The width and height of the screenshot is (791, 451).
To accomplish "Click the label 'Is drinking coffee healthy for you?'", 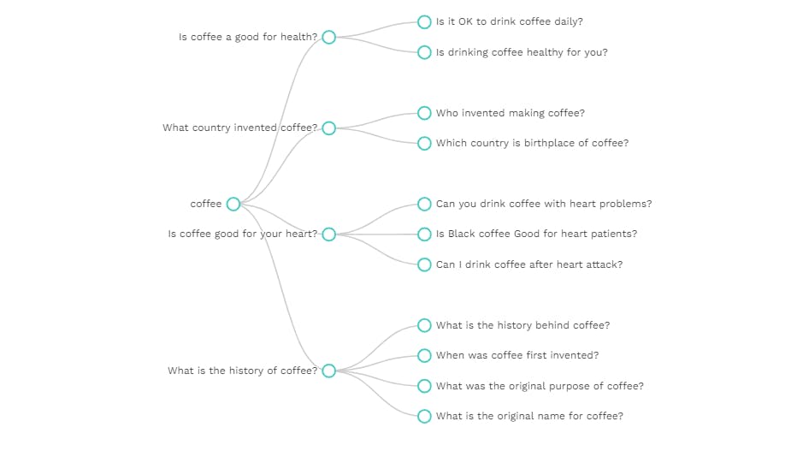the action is pyautogui.click(x=522, y=52).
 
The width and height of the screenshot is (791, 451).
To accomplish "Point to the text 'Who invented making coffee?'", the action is pyautogui.click(x=510, y=113).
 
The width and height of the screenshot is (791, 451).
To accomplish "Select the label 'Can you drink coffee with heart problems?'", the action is pyautogui.click(x=544, y=204).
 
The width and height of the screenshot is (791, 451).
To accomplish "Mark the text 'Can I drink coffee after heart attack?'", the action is pyautogui.click(x=529, y=264).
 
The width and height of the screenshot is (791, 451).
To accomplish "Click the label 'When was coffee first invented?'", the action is pyautogui.click(x=517, y=355).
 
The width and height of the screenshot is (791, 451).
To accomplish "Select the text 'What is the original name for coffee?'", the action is pyautogui.click(x=529, y=416).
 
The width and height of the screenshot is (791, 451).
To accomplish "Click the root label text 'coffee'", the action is pyautogui.click(x=206, y=204).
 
